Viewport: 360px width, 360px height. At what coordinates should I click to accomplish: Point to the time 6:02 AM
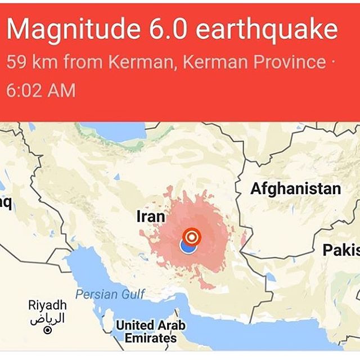click(40, 90)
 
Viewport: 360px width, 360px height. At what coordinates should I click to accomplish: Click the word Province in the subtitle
click(292, 62)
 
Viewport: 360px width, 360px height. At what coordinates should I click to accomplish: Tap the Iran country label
click(151, 217)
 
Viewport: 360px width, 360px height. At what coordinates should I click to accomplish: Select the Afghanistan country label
click(295, 189)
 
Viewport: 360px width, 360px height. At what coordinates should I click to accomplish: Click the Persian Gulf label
click(110, 294)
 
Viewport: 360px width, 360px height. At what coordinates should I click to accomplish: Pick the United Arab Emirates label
click(150, 331)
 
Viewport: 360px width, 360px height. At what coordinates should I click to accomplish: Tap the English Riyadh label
click(47, 305)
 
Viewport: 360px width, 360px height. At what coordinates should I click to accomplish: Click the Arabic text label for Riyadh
click(47, 318)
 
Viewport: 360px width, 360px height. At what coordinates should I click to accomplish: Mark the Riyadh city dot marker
click(48, 330)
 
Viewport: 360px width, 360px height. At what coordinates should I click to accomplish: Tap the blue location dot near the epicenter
click(187, 246)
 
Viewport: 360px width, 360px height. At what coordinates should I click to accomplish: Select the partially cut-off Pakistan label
click(341, 251)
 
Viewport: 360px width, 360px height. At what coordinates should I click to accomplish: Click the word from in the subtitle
click(89, 62)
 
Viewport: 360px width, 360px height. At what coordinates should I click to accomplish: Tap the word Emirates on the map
click(150, 338)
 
